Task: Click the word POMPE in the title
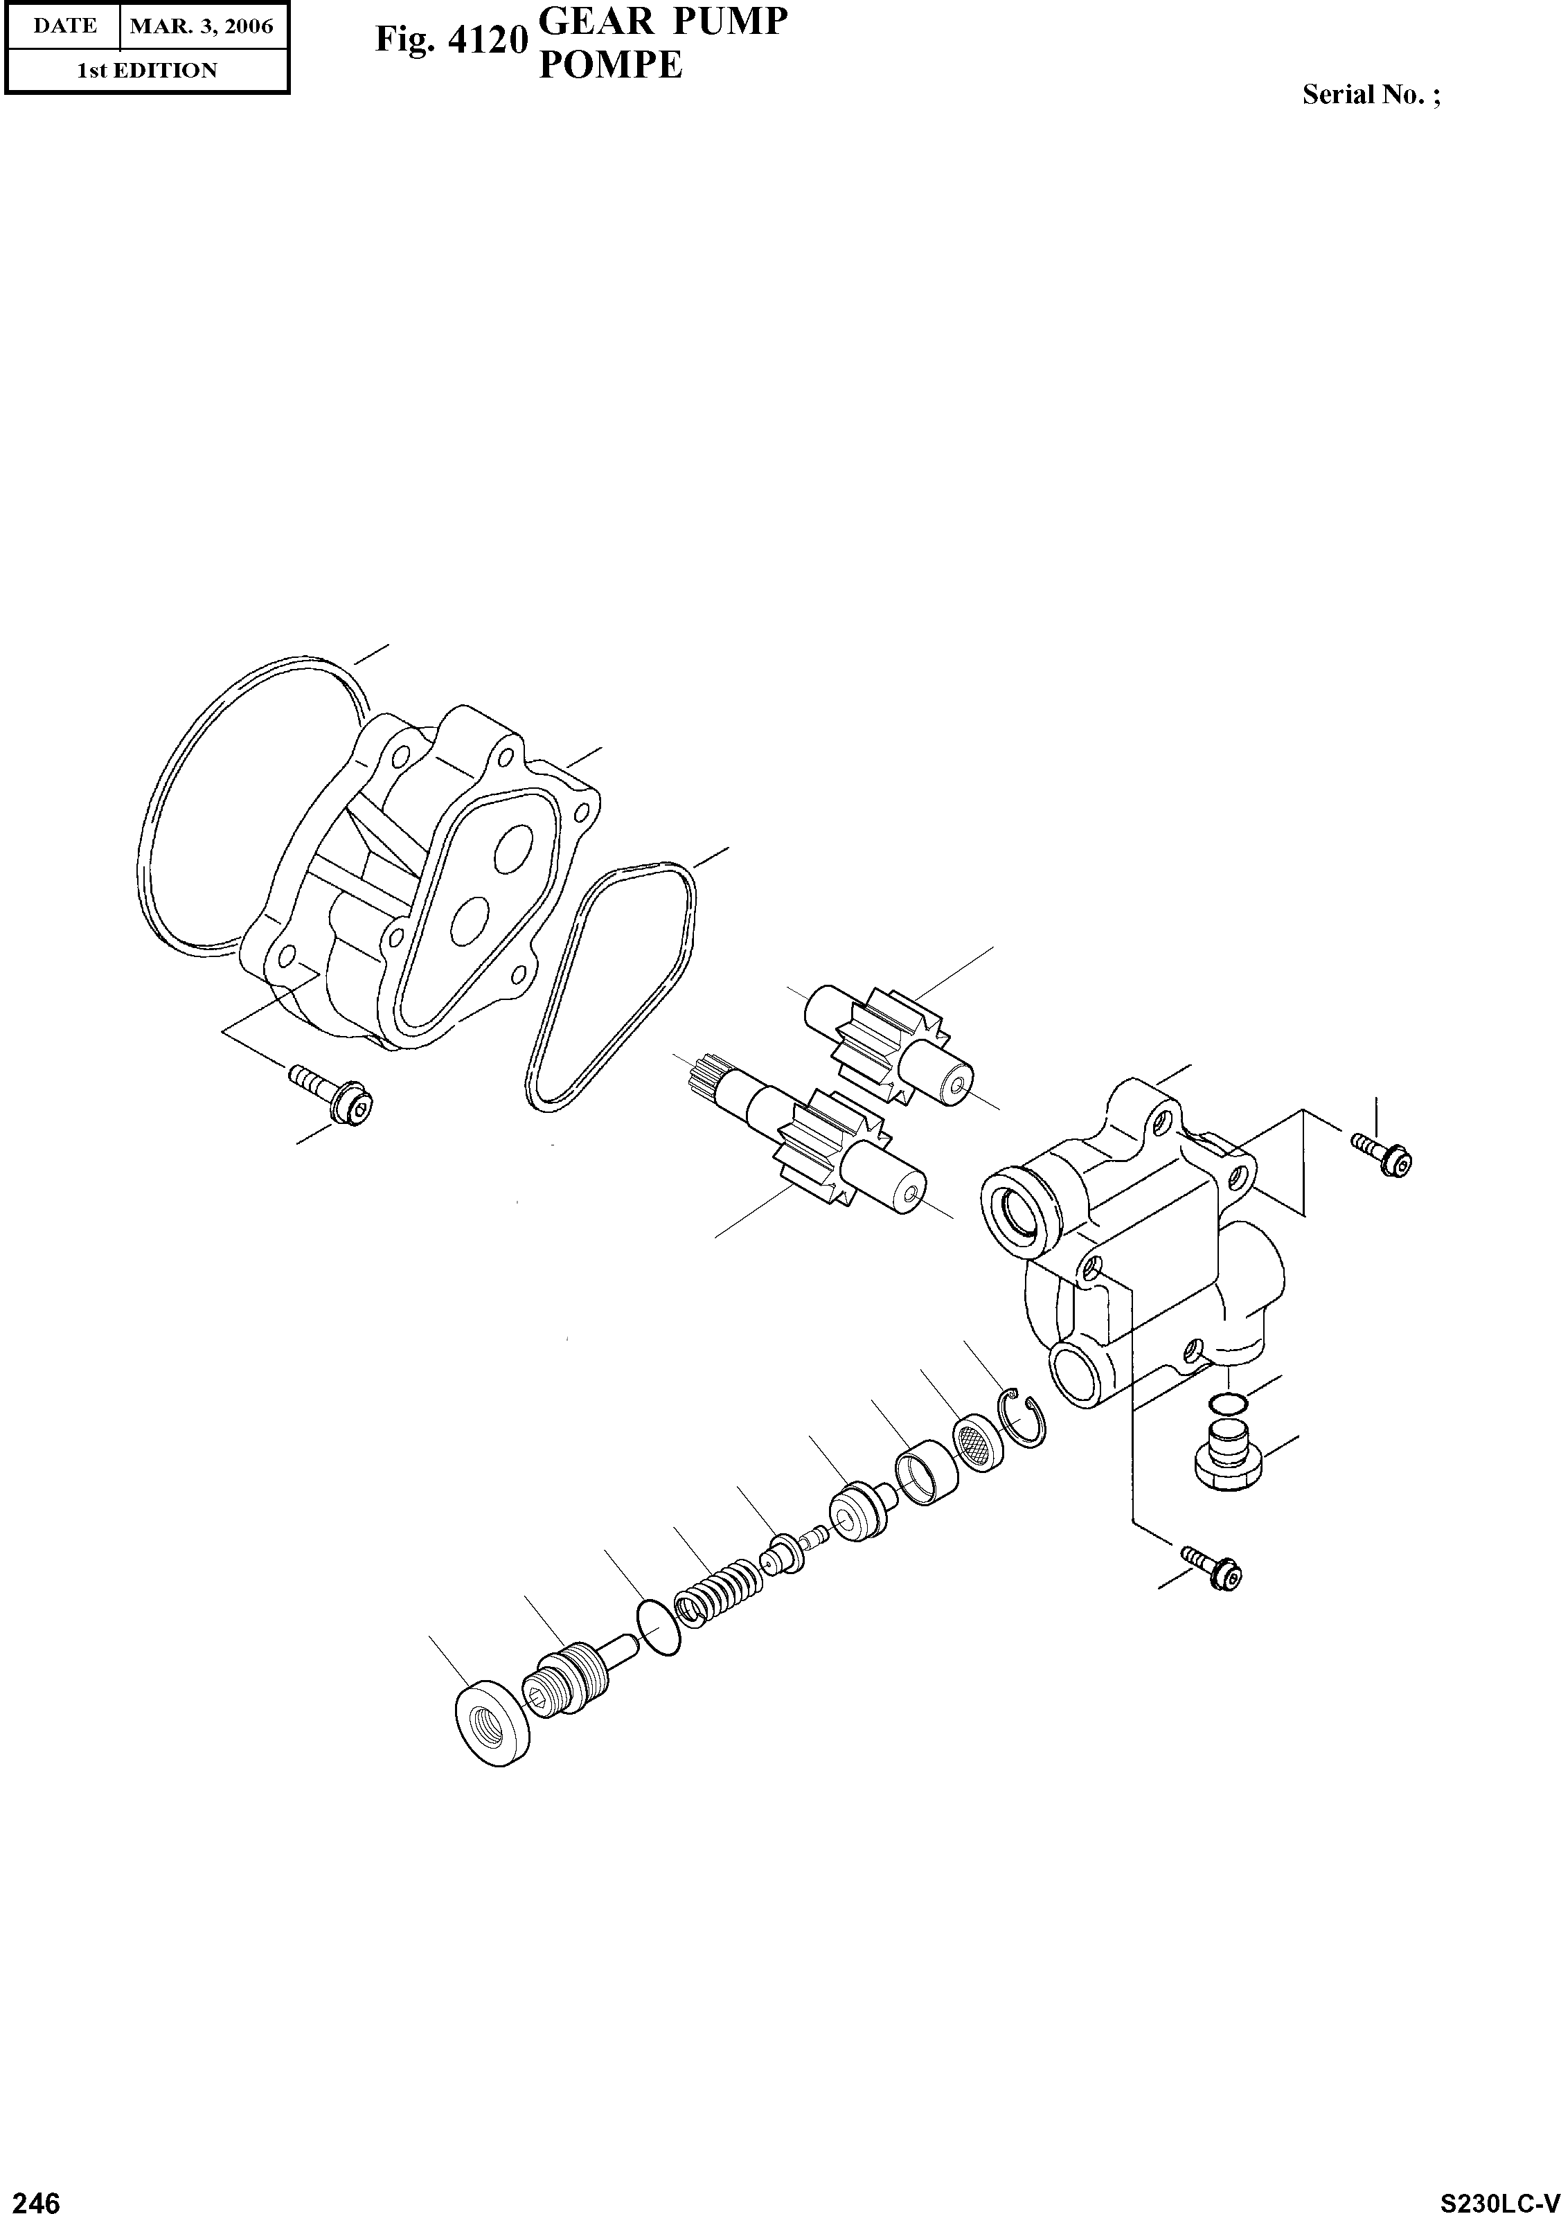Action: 610,66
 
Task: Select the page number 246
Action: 31,2196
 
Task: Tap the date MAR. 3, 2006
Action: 202,26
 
